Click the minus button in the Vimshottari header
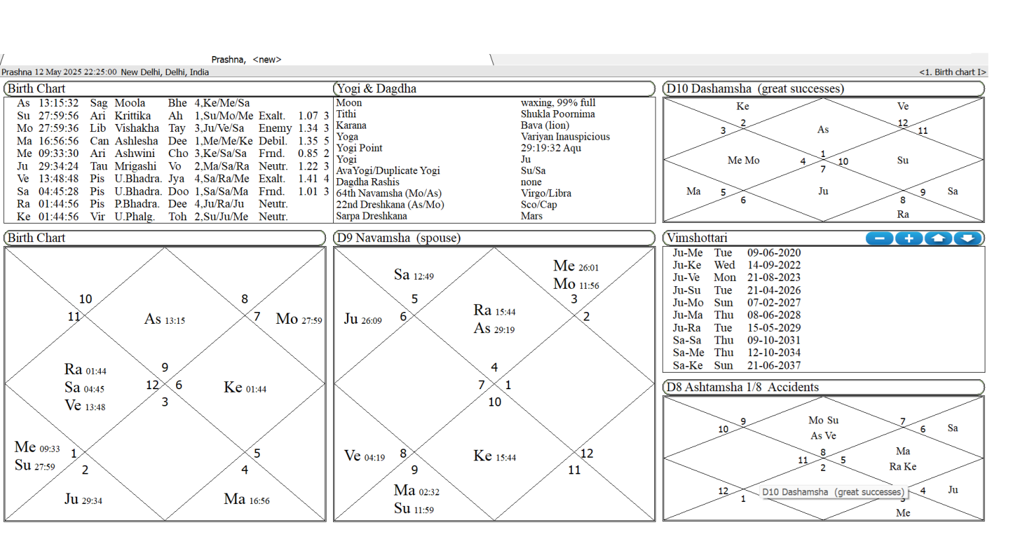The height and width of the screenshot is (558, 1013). click(x=879, y=238)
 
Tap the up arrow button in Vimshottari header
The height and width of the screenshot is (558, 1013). click(x=938, y=238)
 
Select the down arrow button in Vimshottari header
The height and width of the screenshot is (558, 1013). click(x=967, y=238)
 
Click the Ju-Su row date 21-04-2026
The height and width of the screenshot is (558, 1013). click(x=774, y=290)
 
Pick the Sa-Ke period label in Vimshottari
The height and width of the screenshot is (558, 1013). click(x=687, y=365)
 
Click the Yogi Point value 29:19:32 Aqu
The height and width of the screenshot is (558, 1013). click(x=551, y=148)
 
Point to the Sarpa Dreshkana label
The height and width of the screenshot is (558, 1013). click(x=371, y=216)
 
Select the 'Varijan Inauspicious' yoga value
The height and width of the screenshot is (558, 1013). click(x=565, y=137)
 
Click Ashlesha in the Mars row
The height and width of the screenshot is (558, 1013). click(x=137, y=140)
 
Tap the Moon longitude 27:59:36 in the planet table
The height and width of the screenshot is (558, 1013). click(x=58, y=128)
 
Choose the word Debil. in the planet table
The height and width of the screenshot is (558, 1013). click(x=272, y=140)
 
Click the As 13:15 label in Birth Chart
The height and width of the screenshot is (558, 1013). click(x=164, y=319)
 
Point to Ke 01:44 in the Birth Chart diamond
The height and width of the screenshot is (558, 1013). click(x=245, y=388)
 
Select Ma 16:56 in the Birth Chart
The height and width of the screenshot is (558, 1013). click(x=247, y=499)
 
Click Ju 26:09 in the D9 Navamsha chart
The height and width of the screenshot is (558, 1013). click(x=363, y=319)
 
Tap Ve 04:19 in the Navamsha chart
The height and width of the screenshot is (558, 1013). click(x=364, y=456)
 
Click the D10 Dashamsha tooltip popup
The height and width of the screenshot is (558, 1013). click(x=832, y=492)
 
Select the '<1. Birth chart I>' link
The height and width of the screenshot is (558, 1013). click(x=952, y=72)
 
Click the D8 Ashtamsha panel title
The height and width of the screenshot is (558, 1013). click(x=742, y=387)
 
